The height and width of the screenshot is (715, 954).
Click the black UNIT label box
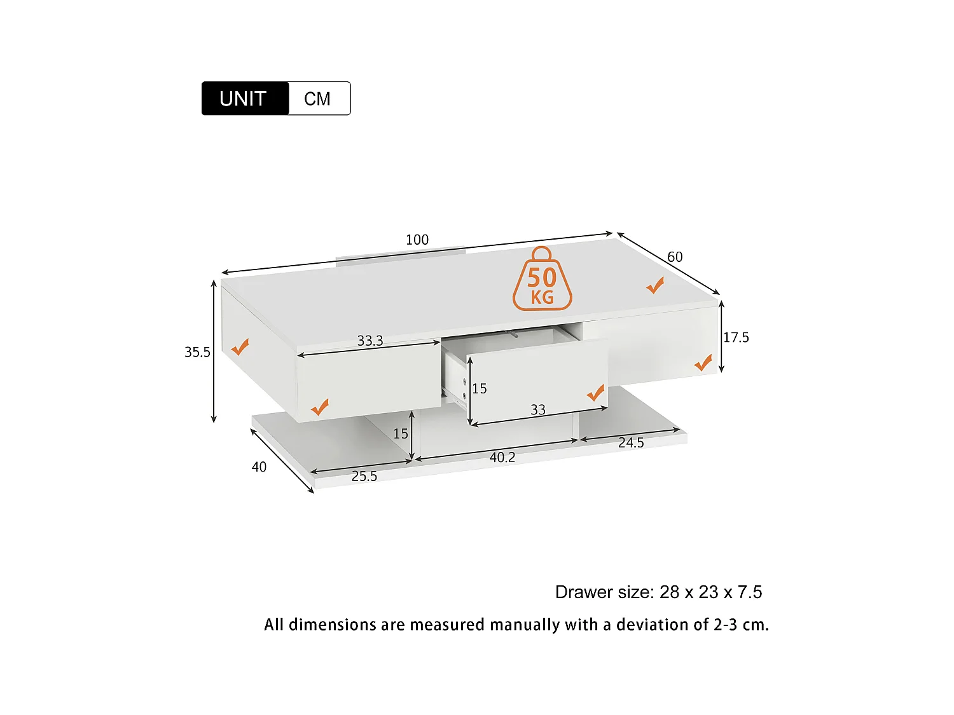[x=245, y=99]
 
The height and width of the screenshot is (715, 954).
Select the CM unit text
[x=317, y=99]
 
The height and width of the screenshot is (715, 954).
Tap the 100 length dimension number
[x=417, y=240]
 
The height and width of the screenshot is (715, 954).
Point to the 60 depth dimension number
[x=675, y=257]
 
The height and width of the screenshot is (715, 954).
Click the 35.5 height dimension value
[x=197, y=352]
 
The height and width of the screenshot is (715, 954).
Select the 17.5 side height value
[x=736, y=337]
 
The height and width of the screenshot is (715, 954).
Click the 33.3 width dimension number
[x=370, y=341]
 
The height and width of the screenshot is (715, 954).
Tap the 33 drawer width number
[x=538, y=410]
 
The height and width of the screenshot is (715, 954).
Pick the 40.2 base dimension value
[x=502, y=457]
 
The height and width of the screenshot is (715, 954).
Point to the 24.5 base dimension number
[x=631, y=442]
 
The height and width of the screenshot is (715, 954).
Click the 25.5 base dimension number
[x=364, y=476]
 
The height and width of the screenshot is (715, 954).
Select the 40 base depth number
[x=259, y=467]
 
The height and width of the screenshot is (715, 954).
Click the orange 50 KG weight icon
[x=542, y=280]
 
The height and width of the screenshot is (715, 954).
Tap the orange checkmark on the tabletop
[x=655, y=286]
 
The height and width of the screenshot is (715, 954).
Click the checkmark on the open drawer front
[x=595, y=393]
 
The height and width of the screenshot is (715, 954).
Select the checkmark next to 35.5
[x=240, y=347]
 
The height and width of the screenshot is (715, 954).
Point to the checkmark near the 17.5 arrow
[x=703, y=363]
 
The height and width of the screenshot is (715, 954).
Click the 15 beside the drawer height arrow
[x=480, y=388]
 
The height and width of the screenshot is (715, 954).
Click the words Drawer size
[x=604, y=592]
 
